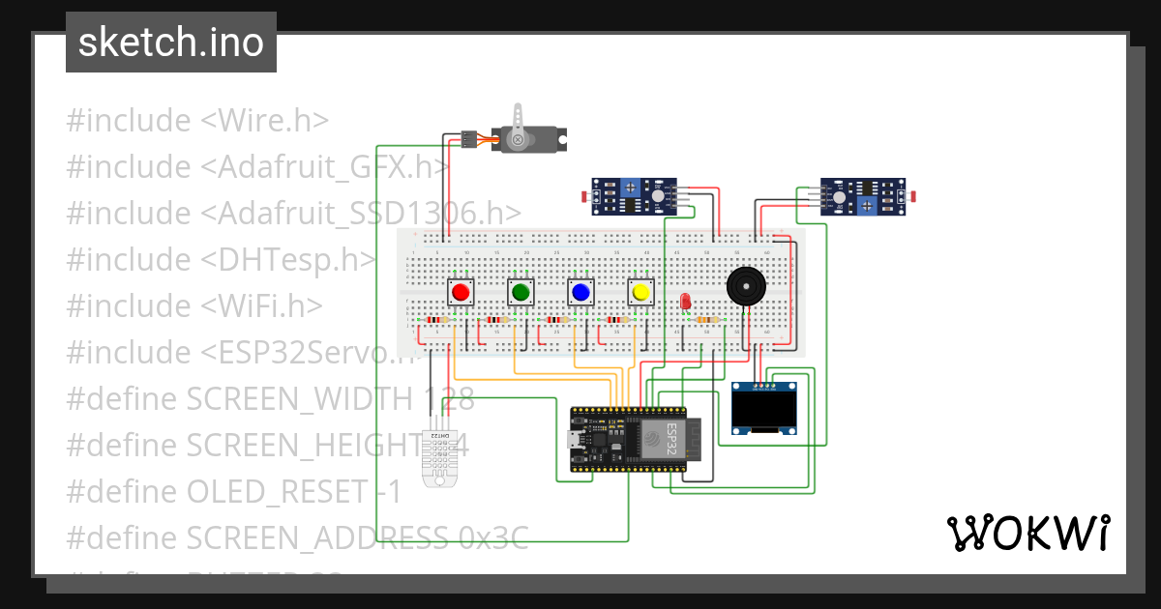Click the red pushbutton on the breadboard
click(461, 292)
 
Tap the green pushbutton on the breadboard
click(521, 292)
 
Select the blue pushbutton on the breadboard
click(580, 292)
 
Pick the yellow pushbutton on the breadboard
click(640, 292)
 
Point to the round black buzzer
click(745, 287)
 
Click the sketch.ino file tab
click(171, 43)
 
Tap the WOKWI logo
click(1027, 533)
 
